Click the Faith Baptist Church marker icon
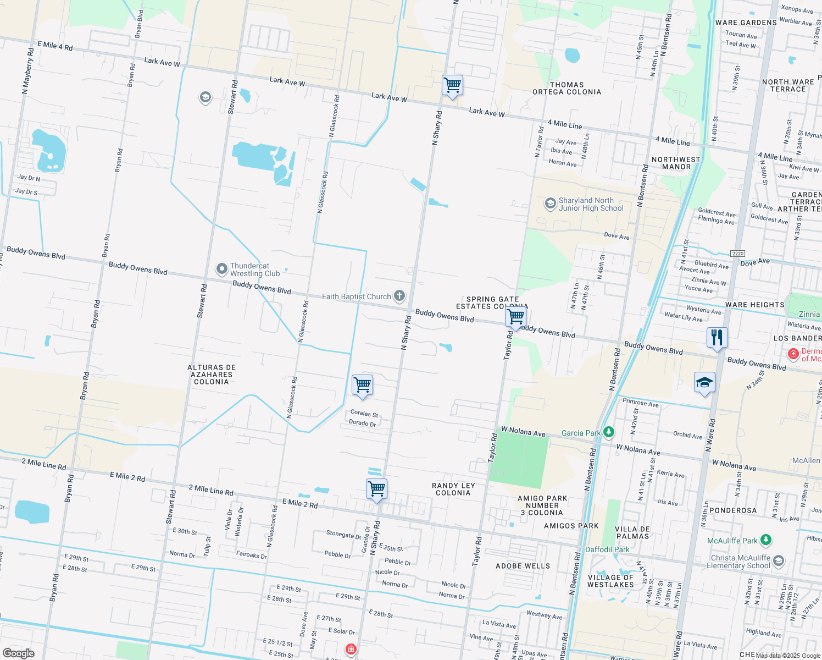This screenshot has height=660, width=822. point(399,296)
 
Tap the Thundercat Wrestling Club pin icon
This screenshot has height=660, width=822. point(221,269)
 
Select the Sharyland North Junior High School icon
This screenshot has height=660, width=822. point(550,204)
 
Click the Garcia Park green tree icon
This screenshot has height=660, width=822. point(609,432)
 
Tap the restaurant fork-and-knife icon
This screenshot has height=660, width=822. point(717,337)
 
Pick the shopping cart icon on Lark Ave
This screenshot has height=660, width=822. point(452,85)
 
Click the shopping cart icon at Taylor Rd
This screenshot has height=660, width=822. point(515,317)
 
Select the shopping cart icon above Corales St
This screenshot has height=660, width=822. point(363,384)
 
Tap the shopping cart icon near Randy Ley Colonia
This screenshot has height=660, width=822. point(377,488)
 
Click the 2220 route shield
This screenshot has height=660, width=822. point(737,253)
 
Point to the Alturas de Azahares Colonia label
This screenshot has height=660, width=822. point(212,375)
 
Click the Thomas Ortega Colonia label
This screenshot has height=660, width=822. point(567,89)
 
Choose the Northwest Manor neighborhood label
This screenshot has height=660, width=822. point(676,163)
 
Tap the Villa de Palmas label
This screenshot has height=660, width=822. point(633,532)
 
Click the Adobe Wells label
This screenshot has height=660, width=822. point(523,566)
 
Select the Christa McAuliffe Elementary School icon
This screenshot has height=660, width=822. point(778,561)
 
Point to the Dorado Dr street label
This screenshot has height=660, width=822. point(363,423)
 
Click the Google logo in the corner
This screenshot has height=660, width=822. point(18,653)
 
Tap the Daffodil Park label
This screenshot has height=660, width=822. point(607,549)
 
